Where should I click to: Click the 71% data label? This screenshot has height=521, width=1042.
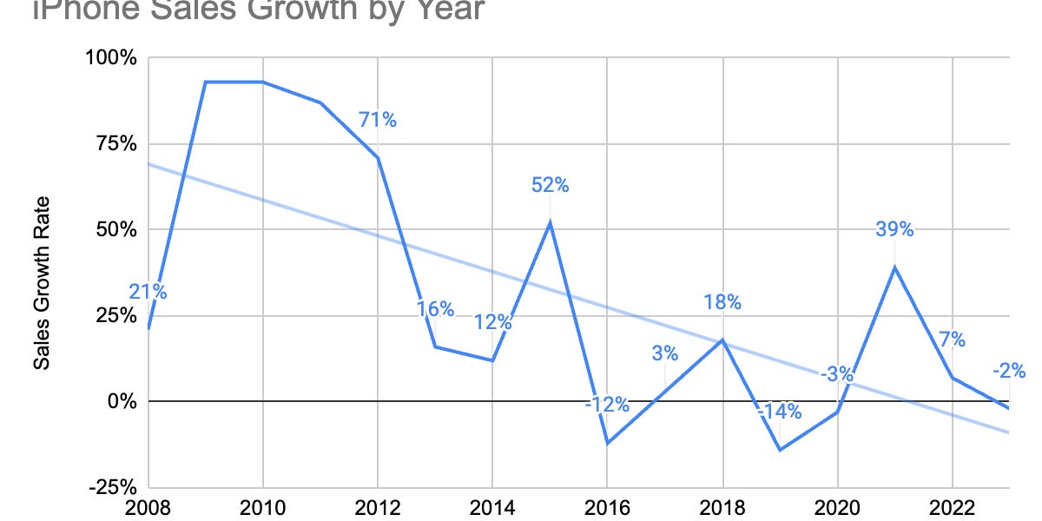click(378, 120)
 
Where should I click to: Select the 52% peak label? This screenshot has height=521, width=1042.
click(551, 184)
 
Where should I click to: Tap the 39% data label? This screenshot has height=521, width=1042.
click(894, 229)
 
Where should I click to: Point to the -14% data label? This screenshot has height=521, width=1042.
click(779, 411)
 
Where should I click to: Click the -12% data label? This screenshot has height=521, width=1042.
click(606, 405)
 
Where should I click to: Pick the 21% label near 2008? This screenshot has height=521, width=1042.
click(148, 292)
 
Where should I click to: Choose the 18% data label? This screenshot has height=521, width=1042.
click(722, 302)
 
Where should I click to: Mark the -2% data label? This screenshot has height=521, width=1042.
click(1009, 372)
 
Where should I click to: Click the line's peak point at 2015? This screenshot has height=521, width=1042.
click(551, 221)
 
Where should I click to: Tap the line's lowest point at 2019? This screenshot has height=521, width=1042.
click(780, 450)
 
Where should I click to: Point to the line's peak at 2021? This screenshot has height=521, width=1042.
click(894, 267)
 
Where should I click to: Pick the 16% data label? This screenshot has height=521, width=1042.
click(435, 308)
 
